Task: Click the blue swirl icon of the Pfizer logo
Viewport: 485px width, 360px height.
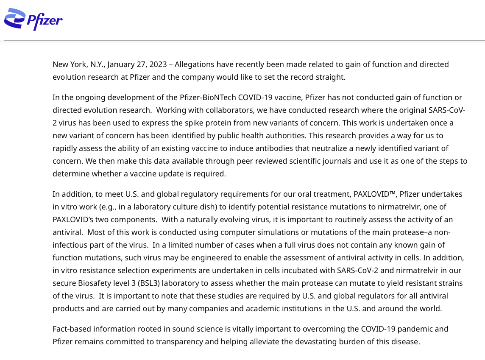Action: coord(14,19)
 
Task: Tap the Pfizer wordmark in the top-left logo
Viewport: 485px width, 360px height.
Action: coord(45,20)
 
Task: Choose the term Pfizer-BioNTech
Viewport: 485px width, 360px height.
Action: coord(208,97)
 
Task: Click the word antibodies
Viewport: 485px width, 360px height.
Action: coord(248,148)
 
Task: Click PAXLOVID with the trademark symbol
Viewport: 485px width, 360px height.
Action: coord(375,194)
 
